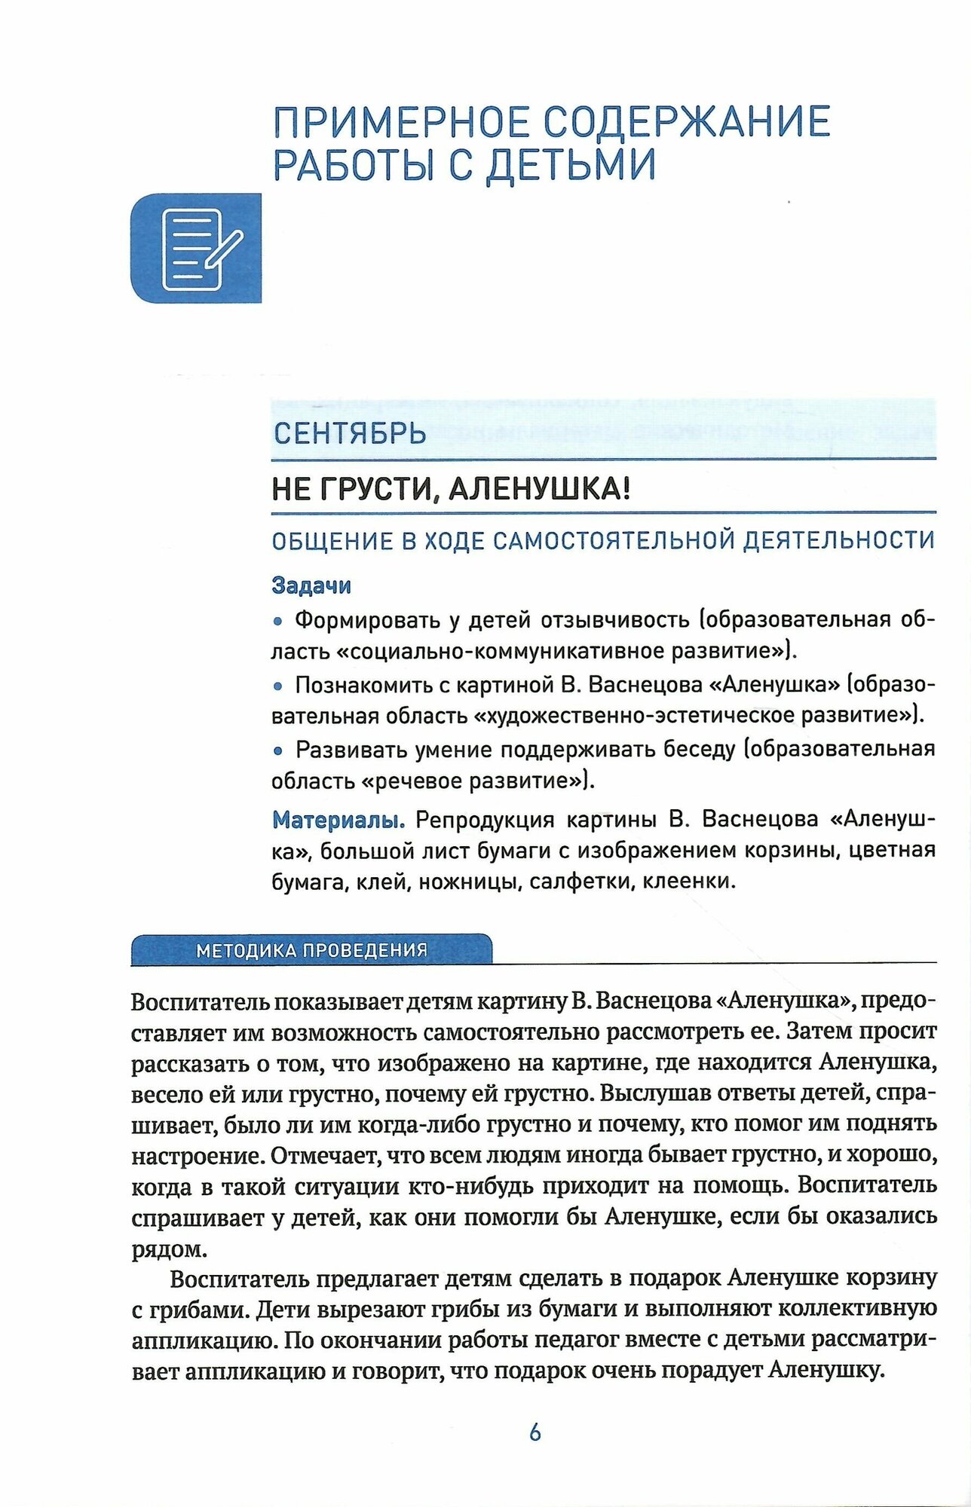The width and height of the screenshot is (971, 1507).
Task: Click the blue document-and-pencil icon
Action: coord(196,249)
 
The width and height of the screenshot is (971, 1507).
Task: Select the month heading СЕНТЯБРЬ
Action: coord(349,433)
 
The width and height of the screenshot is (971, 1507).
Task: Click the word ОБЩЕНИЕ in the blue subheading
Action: coord(332,541)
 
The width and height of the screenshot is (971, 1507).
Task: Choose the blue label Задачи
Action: coord(311,585)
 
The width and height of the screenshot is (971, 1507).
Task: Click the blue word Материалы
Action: coord(338,819)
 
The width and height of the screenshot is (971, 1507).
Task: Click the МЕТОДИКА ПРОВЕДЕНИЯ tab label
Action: coord(311,950)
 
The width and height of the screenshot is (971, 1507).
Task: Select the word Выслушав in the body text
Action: coord(655,1093)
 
